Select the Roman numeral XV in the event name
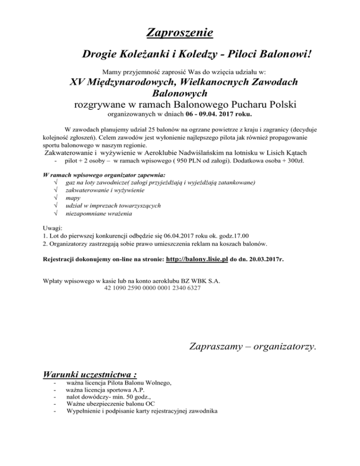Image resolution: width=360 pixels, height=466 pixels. pyautogui.click(x=78, y=83)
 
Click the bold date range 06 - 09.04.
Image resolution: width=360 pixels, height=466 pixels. pyautogui.click(x=205, y=114)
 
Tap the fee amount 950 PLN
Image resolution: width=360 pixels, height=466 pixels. pyautogui.click(x=216, y=161)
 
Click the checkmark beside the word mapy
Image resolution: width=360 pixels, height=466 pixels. pyautogui.click(x=56, y=198)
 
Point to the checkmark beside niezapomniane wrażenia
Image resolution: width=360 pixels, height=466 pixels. pyautogui.click(x=56, y=214)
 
